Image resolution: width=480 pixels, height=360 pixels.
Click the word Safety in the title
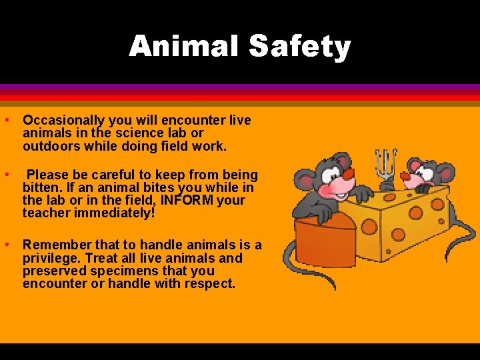pos(299,46)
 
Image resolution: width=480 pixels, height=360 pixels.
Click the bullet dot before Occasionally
pos(5,121)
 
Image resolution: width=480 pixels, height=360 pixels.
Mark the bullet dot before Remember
pos(5,245)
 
